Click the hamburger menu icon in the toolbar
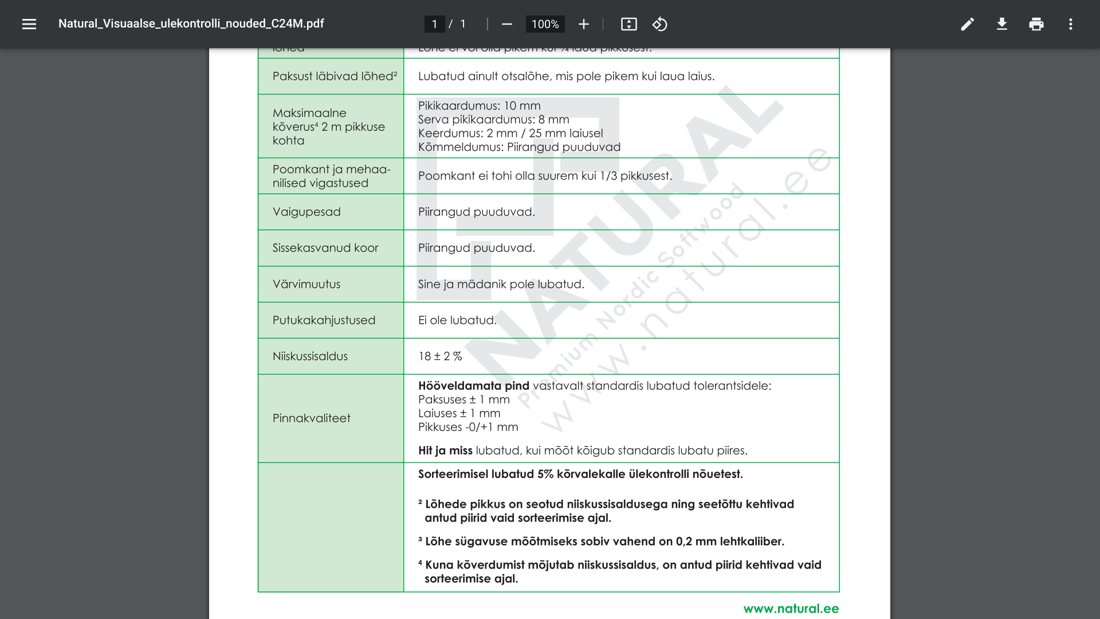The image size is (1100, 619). click(29, 24)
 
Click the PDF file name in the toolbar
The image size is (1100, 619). click(191, 23)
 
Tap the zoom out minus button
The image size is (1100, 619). click(506, 24)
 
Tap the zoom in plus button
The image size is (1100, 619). click(583, 24)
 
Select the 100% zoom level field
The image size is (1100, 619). click(545, 24)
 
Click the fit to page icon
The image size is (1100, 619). click(628, 24)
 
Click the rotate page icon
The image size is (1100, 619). click(659, 24)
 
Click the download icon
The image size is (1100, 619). click(1001, 24)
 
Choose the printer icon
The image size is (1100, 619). click(1036, 24)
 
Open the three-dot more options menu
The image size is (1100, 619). click(1070, 24)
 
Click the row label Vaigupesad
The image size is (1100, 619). click(307, 212)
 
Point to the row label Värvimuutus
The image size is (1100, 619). click(307, 284)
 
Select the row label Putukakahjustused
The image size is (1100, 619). click(324, 320)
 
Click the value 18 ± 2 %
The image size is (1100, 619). click(440, 356)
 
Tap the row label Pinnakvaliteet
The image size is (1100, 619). click(311, 418)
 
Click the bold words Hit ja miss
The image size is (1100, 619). click(445, 450)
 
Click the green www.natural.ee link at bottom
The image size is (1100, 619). click(791, 609)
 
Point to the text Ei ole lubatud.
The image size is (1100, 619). click(457, 320)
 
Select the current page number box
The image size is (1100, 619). click(434, 24)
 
